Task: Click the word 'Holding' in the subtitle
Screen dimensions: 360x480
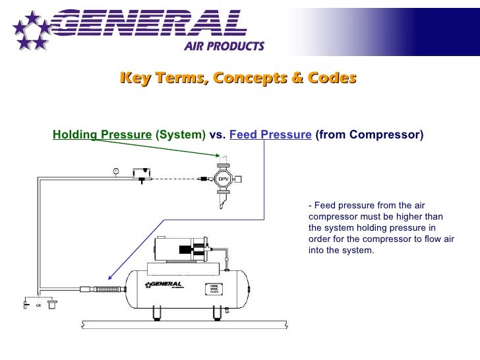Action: point(75,135)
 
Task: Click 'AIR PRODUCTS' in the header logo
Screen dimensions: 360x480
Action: point(224,45)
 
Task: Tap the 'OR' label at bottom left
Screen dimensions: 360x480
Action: point(38,305)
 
